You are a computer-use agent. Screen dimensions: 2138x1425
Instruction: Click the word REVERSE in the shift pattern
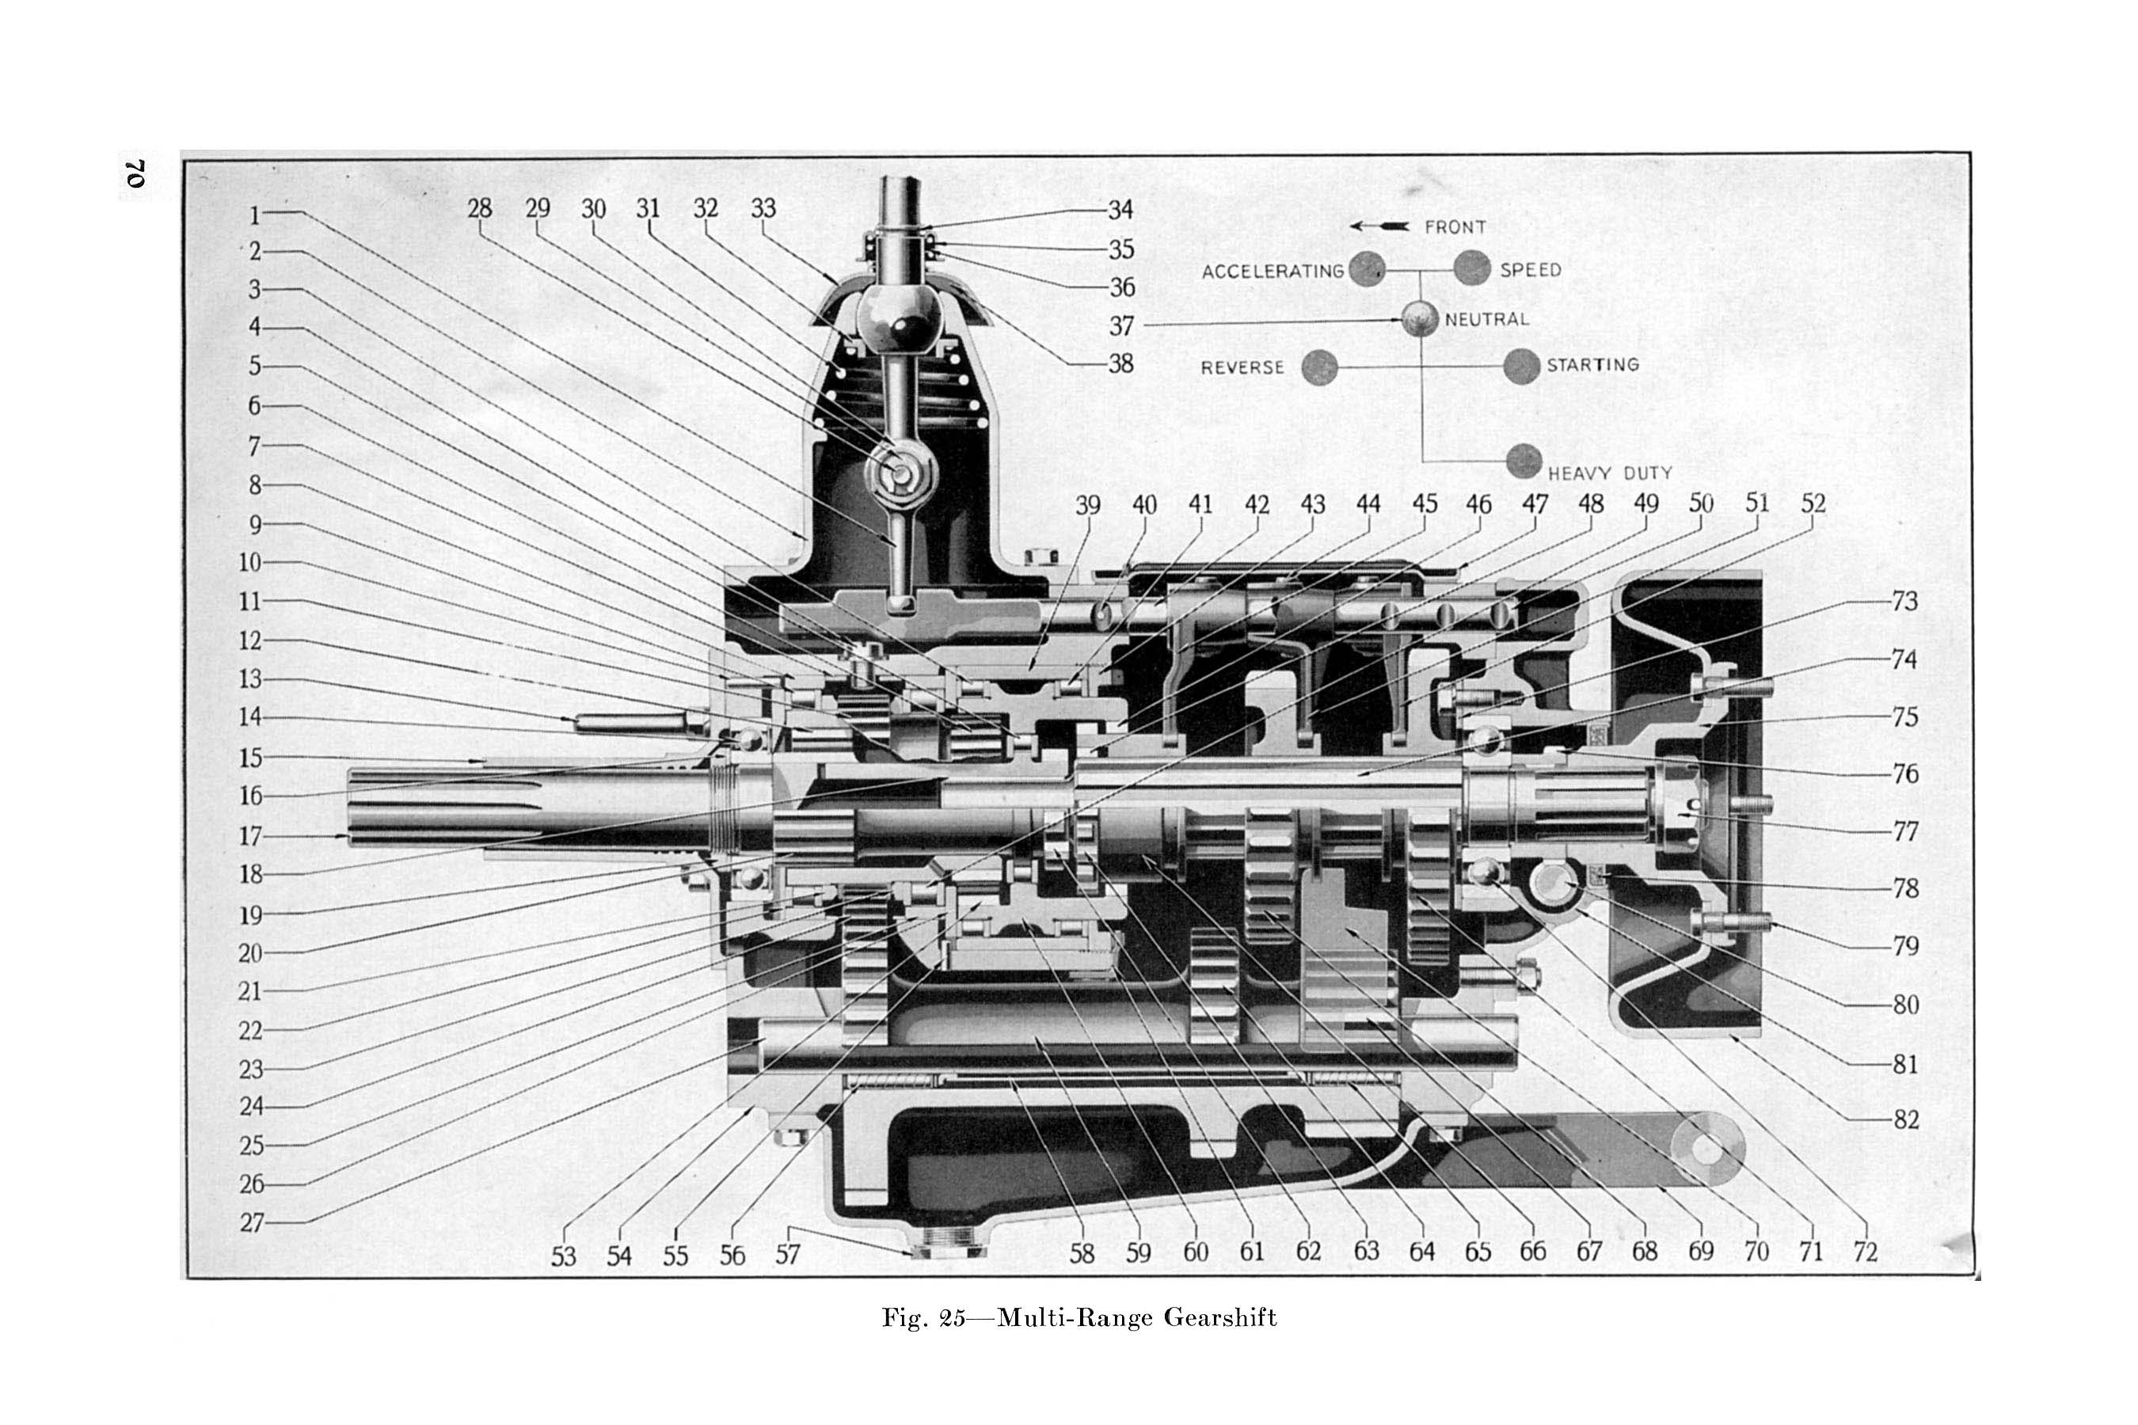(x=1242, y=368)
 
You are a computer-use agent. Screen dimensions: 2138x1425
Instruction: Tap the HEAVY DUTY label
(x=1610, y=473)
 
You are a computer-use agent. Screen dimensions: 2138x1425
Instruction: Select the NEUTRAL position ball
(x=1420, y=319)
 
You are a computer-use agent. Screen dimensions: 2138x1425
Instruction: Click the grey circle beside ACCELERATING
(x=1368, y=270)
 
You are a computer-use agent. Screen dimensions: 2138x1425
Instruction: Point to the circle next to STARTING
(x=1522, y=367)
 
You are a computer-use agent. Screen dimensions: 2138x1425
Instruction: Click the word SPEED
(x=1531, y=270)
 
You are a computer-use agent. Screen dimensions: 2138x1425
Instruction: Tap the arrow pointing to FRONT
(x=1379, y=226)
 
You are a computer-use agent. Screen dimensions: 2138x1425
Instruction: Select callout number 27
(x=252, y=1223)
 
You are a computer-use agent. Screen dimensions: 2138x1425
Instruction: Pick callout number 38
(x=1120, y=363)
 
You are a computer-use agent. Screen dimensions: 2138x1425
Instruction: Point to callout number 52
(x=1813, y=503)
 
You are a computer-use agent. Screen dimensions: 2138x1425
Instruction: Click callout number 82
(x=1905, y=1119)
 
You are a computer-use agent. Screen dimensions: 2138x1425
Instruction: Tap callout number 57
(x=787, y=1254)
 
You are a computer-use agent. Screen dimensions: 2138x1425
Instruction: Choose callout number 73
(x=1904, y=602)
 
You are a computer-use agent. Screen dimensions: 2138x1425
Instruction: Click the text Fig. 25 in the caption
(x=923, y=1318)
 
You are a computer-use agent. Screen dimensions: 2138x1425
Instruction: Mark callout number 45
(x=1425, y=503)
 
